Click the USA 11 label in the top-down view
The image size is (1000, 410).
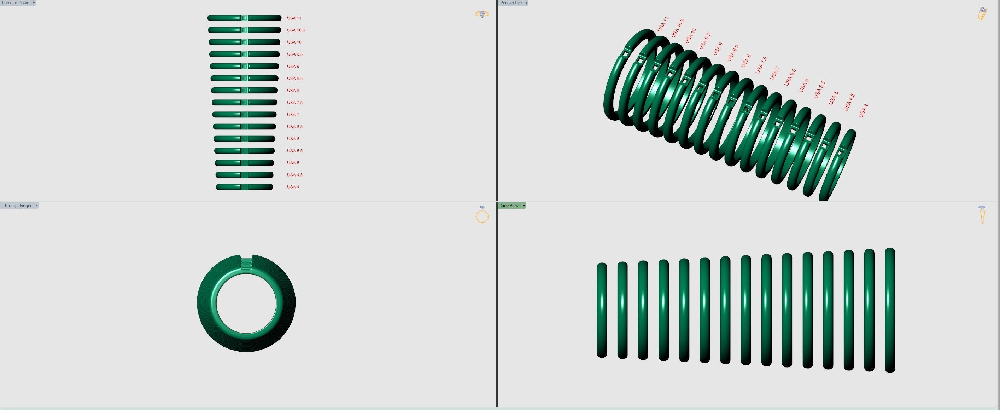[x=294, y=18]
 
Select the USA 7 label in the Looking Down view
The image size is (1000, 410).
[x=293, y=115]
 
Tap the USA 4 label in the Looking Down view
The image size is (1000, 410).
[x=293, y=187]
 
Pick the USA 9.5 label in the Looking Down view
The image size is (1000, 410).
[x=295, y=54]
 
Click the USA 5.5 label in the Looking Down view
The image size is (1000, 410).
[x=295, y=151]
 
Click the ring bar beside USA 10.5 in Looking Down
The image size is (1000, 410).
[x=244, y=30]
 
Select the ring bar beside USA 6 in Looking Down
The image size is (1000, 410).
[x=244, y=139]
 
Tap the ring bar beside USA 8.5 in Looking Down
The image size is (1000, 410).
[x=244, y=79]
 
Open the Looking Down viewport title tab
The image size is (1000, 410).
[x=16, y=3]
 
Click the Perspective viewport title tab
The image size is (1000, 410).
[x=510, y=3]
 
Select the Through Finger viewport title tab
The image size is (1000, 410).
[x=17, y=206]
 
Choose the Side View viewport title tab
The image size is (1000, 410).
[x=509, y=206]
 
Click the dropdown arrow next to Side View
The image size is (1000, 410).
[x=523, y=206]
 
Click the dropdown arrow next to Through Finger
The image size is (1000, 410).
[x=36, y=206]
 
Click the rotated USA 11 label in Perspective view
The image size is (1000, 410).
[x=663, y=24]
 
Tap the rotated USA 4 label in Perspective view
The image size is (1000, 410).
[x=863, y=111]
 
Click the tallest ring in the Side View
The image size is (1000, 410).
[x=890, y=310]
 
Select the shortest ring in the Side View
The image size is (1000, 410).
[x=602, y=310]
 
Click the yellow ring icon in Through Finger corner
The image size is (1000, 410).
[x=482, y=216]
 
